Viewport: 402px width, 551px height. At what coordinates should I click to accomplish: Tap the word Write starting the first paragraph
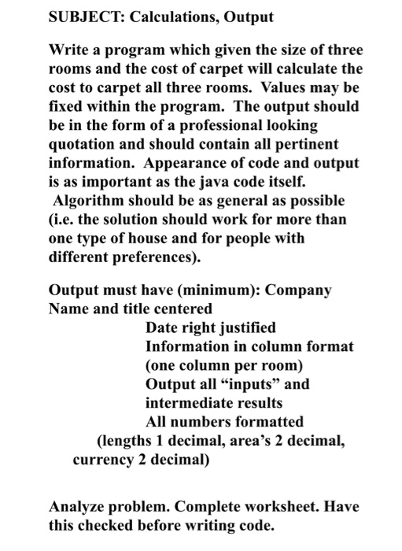[68, 51]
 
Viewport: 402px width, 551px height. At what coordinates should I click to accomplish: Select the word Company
[299, 290]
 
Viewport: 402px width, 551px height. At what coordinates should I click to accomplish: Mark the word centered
[183, 309]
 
